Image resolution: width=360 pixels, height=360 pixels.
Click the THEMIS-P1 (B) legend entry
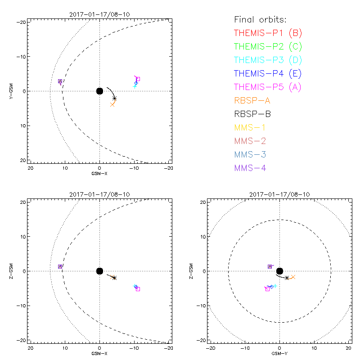[x=268, y=33]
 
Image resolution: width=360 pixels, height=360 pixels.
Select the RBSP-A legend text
[x=252, y=100]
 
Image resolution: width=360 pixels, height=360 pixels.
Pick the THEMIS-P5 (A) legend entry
[x=268, y=87]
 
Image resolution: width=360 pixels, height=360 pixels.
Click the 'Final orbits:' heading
[x=261, y=20]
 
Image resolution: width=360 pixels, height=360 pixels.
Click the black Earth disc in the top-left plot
[x=99, y=91]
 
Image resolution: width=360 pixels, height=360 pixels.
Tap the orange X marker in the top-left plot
[x=112, y=104]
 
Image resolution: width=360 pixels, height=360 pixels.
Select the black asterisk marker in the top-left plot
[x=115, y=98]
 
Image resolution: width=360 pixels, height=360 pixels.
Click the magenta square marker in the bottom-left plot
[x=138, y=289]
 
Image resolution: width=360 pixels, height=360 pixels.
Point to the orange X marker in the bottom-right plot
[x=293, y=277]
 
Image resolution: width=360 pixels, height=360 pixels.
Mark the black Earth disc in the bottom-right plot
[x=279, y=271]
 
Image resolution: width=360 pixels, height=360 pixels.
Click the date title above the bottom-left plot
[x=99, y=194]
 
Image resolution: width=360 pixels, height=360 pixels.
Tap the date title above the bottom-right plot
[x=279, y=194]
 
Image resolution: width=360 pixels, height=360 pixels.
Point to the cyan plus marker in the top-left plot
[x=135, y=86]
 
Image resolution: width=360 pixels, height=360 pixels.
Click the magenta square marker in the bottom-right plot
[x=267, y=289]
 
